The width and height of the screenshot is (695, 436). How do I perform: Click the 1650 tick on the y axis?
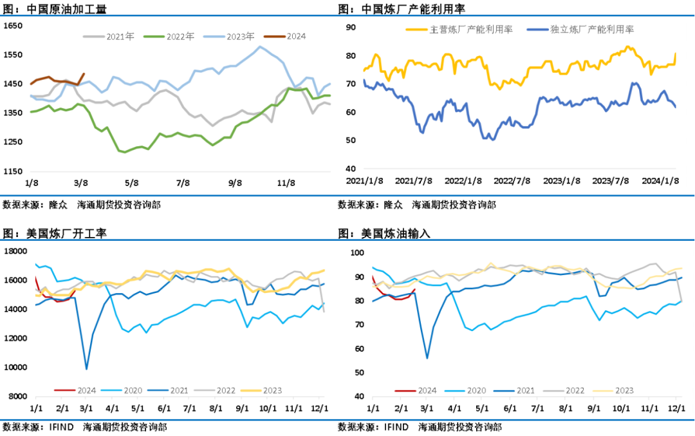(x=14, y=26)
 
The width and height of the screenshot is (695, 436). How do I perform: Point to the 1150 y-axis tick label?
(x=14, y=171)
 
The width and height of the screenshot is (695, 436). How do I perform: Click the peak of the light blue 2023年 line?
(x=260, y=46)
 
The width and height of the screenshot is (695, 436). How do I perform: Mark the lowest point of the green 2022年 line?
(x=124, y=153)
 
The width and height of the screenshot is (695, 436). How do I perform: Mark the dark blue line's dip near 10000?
(x=87, y=369)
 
